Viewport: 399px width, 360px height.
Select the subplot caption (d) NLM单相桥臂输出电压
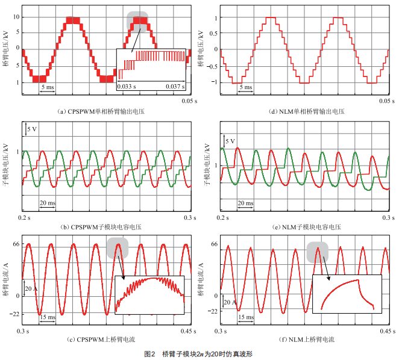(302, 112)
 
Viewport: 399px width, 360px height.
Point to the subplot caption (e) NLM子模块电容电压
(302, 227)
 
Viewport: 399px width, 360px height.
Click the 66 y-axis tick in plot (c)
(17, 244)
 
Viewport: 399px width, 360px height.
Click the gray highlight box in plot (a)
(138, 22)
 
